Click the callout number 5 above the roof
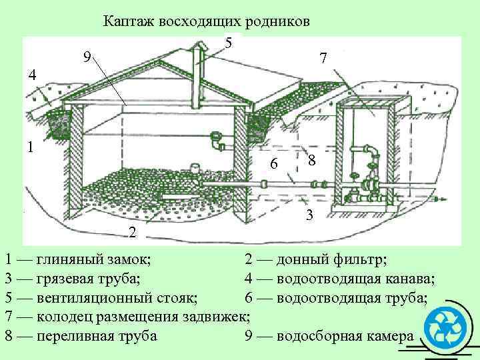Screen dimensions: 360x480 pyautogui.click(x=229, y=43)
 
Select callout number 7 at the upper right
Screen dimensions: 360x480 pyautogui.click(x=323, y=59)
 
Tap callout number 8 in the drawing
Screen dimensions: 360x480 pyautogui.click(x=311, y=161)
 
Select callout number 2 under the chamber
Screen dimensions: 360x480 pyautogui.click(x=133, y=233)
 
